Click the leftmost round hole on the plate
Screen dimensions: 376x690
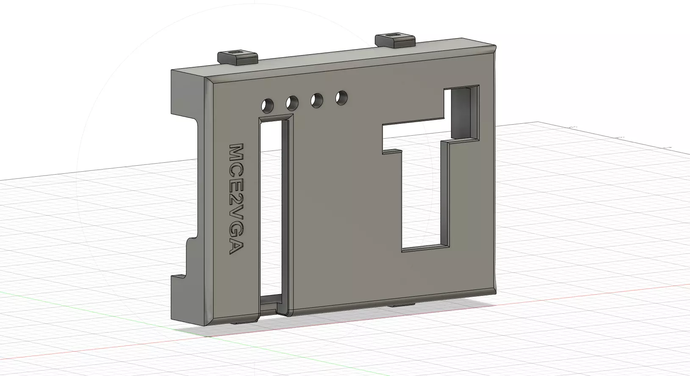click(268, 104)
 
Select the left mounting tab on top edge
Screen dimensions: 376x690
click(238, 56)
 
